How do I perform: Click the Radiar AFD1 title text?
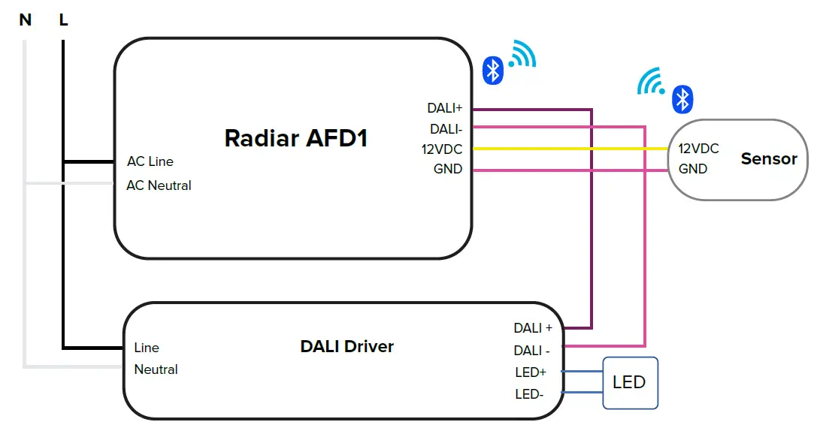coord(295,138)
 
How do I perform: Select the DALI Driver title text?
coord(346,346)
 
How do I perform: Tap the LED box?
coord(630,382)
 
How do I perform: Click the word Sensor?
coord(768,158)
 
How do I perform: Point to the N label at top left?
coord(26,20)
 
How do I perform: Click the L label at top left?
coord(63,20)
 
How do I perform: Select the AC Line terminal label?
coord(150,161)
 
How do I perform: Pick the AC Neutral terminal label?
coord(159,185)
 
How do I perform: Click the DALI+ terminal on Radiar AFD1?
coord(445,108)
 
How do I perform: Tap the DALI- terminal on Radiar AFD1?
coord(446,129)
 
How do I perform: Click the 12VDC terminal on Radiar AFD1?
coord(442,149)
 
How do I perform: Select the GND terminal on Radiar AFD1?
coord(448,169)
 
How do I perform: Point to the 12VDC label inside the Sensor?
coord(698,149)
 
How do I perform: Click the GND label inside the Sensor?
coord(693,169)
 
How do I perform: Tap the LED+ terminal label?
coord(531,372)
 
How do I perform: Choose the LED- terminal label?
coord(529,393)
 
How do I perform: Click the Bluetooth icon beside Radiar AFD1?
coord(492,70)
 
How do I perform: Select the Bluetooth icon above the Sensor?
coord(682,98)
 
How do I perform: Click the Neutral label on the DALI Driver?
coord(156,369)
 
